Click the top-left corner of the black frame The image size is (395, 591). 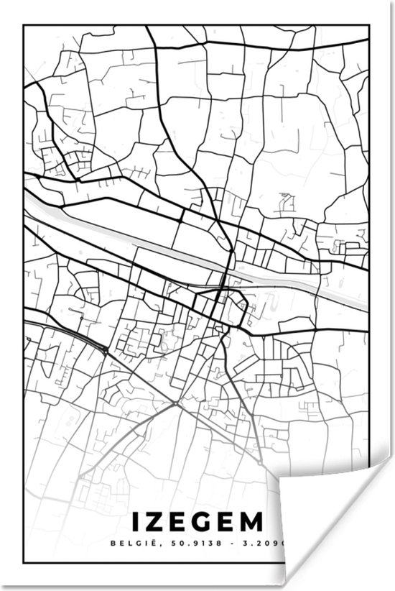24,26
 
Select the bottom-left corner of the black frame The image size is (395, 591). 24,563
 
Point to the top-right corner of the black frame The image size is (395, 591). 371,26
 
